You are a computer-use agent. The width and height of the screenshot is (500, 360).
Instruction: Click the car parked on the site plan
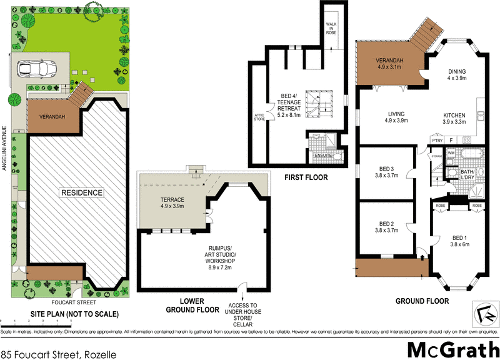coord(35,67)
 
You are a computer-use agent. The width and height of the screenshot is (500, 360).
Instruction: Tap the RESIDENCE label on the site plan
coord(82,192)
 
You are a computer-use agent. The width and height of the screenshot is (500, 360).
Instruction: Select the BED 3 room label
coord(387,172)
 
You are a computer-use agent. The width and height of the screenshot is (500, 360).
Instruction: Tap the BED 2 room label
coord(387,227)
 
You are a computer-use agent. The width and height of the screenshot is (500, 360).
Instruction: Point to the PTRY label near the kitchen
coord(438,141)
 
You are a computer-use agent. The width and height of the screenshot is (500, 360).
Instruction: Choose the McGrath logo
coord(449,348)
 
